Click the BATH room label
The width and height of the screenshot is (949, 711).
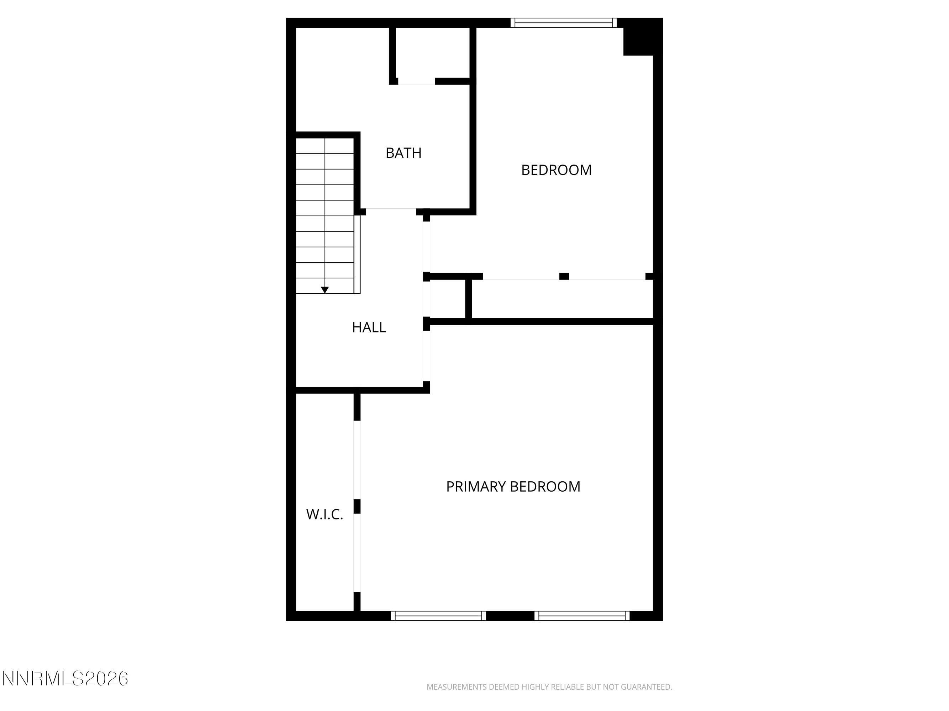tap(403, 153)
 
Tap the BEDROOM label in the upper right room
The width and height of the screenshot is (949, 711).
tap(556, 170)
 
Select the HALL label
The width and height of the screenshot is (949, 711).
tap(369, 327)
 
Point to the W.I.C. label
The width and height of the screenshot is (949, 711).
tap(325, 514)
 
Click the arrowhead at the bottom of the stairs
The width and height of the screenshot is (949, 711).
tap(325, 290)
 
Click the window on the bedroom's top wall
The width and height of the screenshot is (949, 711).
tap(563, 23)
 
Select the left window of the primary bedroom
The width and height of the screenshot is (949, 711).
tap(438, 616)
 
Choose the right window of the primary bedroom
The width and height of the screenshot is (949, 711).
tap(582, 616)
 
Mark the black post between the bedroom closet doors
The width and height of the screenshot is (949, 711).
tap(564, 277)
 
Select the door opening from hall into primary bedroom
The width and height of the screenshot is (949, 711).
tap(426, 356)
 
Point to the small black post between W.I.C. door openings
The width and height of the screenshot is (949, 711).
tap(357, 506)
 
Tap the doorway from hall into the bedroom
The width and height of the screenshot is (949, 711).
tap(426, 246)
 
